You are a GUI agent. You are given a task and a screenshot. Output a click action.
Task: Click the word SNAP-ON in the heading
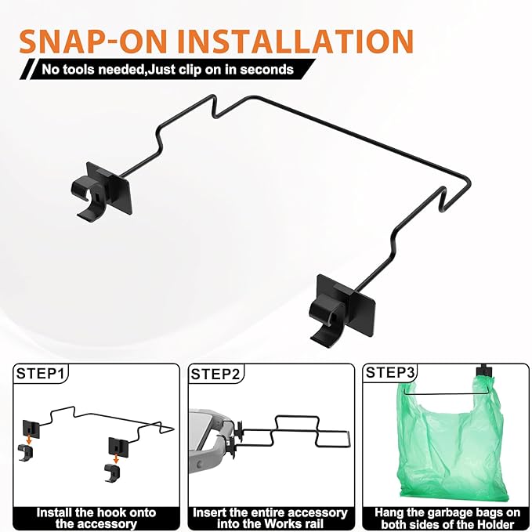pyautogui.click(x=93, y=41)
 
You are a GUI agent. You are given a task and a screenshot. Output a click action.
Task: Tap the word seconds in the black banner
pyautogui.click(x=266, y=70)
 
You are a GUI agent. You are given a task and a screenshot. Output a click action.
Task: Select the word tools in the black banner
pyautogui.click(x=78, y=70)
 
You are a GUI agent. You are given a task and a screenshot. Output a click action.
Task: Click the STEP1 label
pyautogui.click(x=40, y=373)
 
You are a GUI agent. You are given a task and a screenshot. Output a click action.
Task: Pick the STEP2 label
pyautogui.click(x=215, y=374)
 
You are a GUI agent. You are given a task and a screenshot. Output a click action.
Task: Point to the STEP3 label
pyautogui.click(x=390, y=372)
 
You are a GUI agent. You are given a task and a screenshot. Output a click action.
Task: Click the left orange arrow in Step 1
pyautogui.click(x=29, y=440)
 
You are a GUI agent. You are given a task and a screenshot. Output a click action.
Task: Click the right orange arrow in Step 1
pyautogui.click(x=116, y=458)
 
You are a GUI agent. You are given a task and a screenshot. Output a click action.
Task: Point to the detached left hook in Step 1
pyautogui.click(x=25, y=453)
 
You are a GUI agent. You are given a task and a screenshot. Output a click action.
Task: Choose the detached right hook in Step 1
pyautogui.click(x=112, y=472)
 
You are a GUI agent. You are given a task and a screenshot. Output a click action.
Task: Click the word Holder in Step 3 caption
pyautogui.click(x=494, y=524)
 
